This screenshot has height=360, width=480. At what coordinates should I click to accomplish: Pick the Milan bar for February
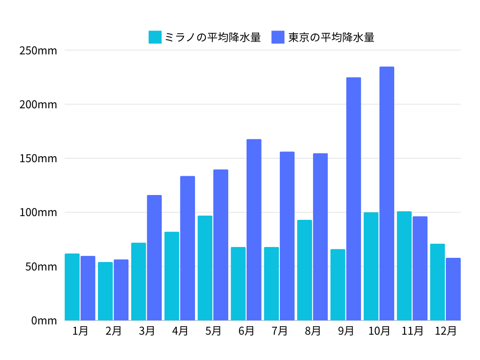(x=105, y=291)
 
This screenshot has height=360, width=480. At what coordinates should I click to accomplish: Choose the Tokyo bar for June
(x=254, y=230)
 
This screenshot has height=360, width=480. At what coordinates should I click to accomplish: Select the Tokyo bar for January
(x=88, y=288)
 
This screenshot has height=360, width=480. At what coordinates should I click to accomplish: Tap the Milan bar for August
(x=305, y=270)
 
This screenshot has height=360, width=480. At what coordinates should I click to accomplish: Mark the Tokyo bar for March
(x=154, y=258)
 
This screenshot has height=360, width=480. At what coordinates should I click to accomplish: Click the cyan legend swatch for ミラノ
(x=155, y=37)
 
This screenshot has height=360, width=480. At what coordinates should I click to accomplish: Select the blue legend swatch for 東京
(x=278, y=37)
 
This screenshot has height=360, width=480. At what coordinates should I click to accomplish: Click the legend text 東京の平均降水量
(x=331, y=37)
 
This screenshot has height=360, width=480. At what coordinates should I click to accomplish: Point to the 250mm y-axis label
(x=38, y=50)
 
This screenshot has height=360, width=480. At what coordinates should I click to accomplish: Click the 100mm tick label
(x=38, y=212)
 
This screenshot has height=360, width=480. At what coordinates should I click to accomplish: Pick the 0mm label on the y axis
(x=44, y=321)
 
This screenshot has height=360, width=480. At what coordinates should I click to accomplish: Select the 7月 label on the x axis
(x=279, y=331)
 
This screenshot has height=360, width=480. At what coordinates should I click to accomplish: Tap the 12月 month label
(x=445, y=331)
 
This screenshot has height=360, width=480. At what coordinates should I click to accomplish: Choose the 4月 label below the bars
(x=180, y=331)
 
